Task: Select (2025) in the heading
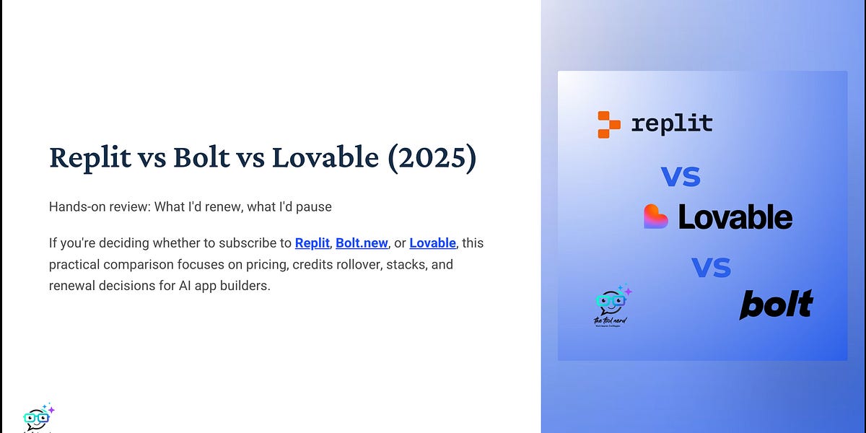coord(431,158)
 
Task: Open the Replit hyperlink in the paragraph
coord(312,243)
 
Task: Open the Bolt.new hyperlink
coord(362,243)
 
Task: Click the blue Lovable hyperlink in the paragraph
coord(432,243)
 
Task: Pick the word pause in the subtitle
coord(312,207)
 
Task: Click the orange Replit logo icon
coord(608,124)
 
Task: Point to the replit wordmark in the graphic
coord(671,123)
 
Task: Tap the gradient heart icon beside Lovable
coord(656,216)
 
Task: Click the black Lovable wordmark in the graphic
coord(735,217)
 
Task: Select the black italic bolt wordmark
coord(776,304)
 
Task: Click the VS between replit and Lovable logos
coord(681,176)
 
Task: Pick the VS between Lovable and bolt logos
coord(711,268)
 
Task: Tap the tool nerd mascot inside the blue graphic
coord(611,305)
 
